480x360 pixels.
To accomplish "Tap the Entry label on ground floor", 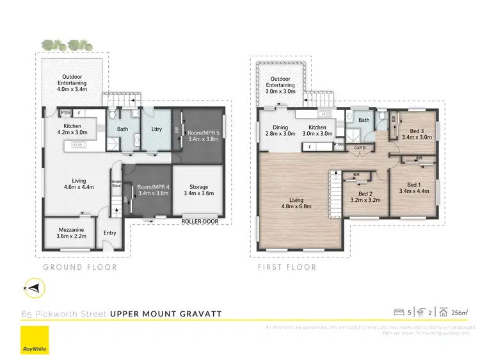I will click(109, 233).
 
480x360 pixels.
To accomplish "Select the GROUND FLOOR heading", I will click(80, 267).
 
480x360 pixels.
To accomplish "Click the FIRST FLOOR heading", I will click(286, 267).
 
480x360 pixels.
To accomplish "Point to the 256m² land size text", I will click(459, 313).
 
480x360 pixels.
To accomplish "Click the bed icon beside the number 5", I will click(399, 313).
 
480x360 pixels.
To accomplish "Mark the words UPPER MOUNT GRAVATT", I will click(166, 313).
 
